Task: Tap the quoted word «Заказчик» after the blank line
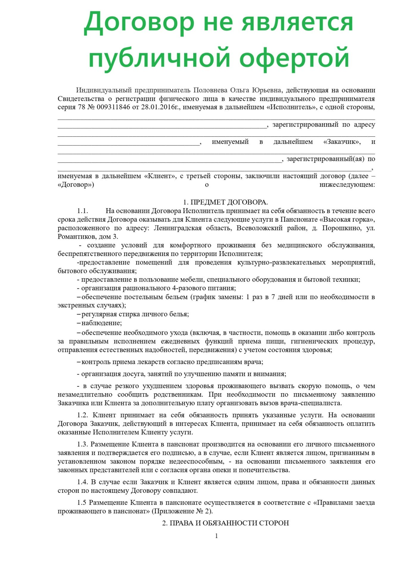pos(342,142)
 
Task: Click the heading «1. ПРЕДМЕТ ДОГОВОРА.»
pos(226,202)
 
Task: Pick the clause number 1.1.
pos(83,211)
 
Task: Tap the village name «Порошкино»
pos(344,228)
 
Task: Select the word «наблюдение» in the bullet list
pos(101,323)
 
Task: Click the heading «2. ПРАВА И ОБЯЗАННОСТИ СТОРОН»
pos(226,523)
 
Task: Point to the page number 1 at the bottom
pos(216,536)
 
